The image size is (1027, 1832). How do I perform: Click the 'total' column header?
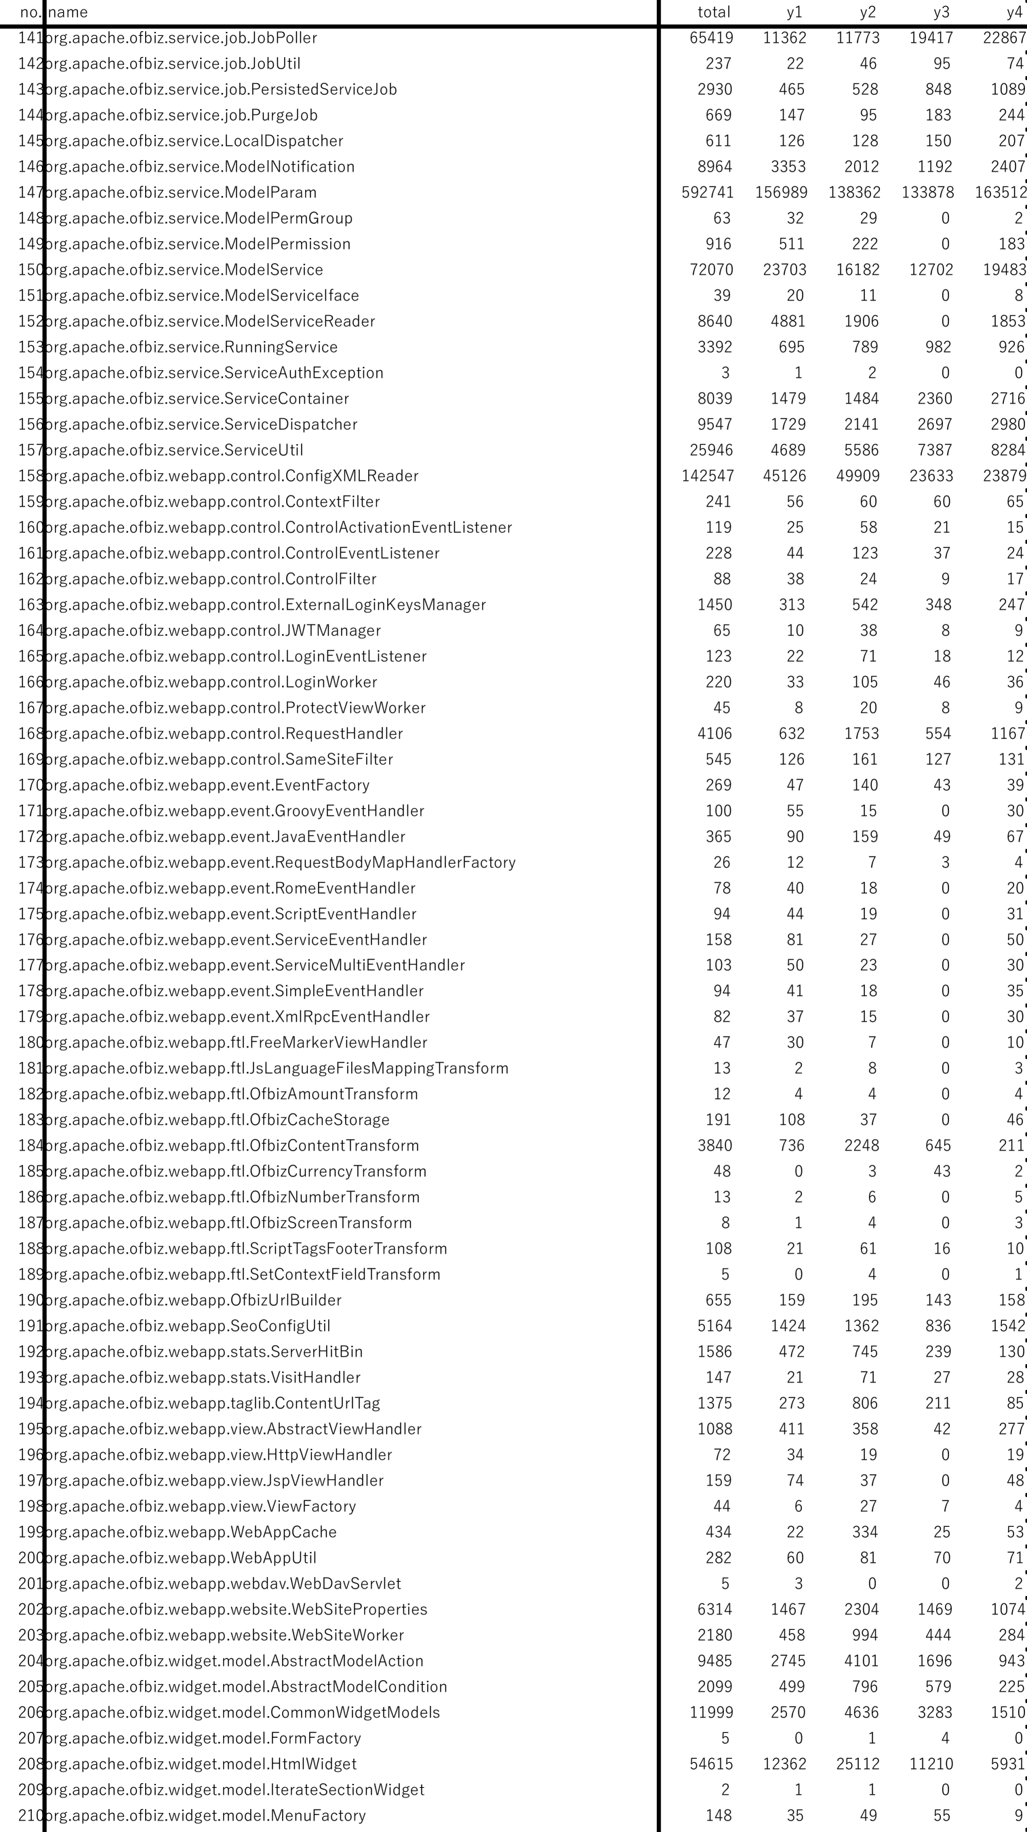(713, 12)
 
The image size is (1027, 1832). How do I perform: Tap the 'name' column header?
(68, 12)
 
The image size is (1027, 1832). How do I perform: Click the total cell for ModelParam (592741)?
(707, 193)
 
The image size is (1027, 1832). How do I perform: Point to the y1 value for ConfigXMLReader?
(784, 476)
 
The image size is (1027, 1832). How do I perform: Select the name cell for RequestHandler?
(223, 734)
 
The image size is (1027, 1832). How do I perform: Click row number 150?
(30, 271)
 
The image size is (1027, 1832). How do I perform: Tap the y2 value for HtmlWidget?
(857, 1764)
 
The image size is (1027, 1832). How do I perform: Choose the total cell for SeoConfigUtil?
(714, 1326)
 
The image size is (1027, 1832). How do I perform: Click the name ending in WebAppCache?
(190, 1532)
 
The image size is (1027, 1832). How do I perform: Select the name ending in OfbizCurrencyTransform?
(235, 1172)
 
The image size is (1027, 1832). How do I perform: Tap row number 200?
(30, 1558)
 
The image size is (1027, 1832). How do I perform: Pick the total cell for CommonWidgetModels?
(710, 1713)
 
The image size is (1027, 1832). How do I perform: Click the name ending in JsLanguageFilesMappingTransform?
(277, 1068)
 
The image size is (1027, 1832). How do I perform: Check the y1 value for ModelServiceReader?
(787, 321)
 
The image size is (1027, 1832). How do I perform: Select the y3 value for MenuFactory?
(941, 1816)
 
